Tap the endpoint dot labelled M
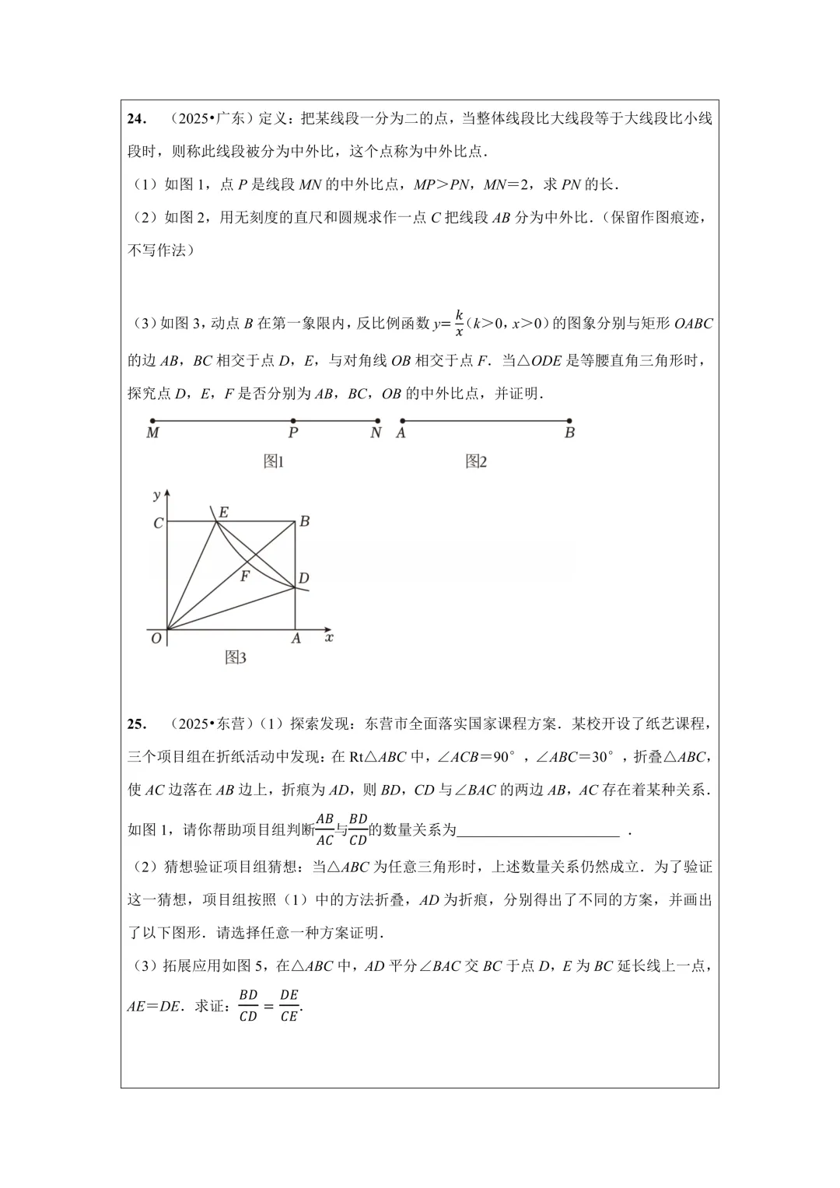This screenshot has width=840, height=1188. click(x=152, y=421)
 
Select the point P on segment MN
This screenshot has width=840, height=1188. click(x=292, y=421)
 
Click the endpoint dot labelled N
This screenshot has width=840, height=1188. click(x=377, y=421)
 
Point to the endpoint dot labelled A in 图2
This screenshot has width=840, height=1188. click(x=401, y=421)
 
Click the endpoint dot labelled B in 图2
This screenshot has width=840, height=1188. click(x=570, y=421)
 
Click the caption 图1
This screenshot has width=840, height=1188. click(x=274, y=461)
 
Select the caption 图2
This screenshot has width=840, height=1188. click(x=476, y=461)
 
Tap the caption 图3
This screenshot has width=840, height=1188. click(x=236, y=657)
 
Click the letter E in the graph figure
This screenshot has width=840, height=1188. click(x=223, y=512)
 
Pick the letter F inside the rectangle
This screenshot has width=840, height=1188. click(x=244, y=576)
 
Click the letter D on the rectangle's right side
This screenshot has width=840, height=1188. click(x=304, y=578)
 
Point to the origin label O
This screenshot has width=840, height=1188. click(x=156, y=638)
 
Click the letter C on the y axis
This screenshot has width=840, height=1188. click(x=158, y=524)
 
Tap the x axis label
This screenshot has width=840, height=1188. click(x=329, y=637)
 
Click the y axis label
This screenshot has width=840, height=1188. click(x=157, y=495)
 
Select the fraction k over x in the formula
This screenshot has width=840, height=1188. click(x=459, y=323)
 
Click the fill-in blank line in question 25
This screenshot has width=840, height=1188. click(x=538, y=831)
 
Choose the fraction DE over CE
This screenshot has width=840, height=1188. click(x=289, y=1005)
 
